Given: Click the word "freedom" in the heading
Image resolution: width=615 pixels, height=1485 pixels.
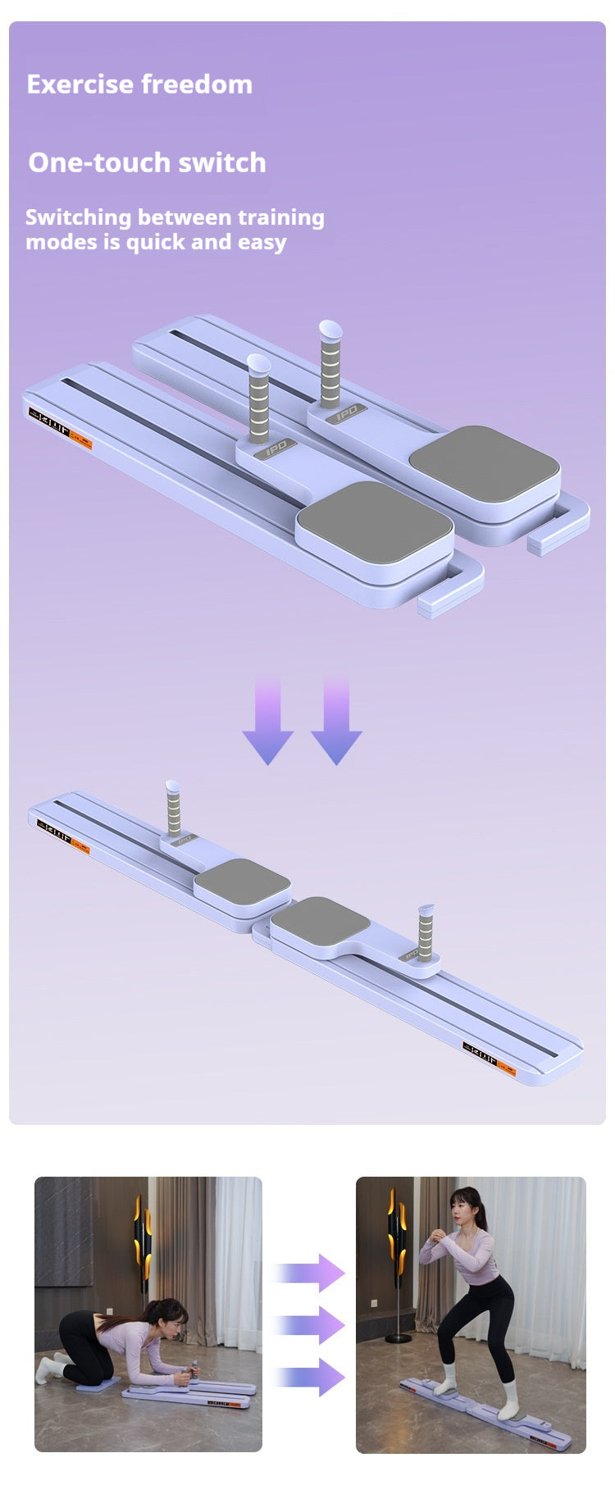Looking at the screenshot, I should (197, 84).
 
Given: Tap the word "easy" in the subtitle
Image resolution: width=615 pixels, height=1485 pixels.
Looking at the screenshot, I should (262, 243).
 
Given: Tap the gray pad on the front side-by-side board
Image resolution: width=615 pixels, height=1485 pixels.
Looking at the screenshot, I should (374, 524).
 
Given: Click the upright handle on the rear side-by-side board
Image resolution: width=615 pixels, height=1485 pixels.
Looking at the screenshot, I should (330, 365).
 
